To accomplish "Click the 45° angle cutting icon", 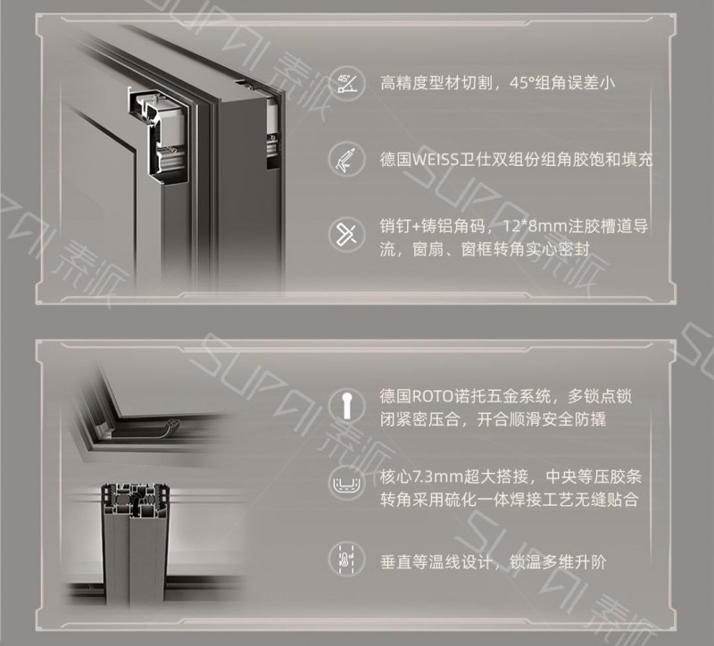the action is point(347,83).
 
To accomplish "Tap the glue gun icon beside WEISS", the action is point(347,160).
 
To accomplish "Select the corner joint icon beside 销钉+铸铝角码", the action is point(347,235).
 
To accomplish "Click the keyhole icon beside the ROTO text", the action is point(347,403).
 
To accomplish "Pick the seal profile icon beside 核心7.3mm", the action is point(347,484).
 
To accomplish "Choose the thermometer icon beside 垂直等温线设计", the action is point(347,560).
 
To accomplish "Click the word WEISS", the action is point(435,160).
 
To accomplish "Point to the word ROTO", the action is point(433,396).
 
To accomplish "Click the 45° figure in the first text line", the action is point(522,83).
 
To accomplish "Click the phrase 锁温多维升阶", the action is point(558,562).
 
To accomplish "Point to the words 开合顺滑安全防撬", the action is point(542,419).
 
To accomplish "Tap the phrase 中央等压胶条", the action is point(594,477).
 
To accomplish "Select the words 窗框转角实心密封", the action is point(525,249).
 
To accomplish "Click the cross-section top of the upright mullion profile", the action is point(136,501).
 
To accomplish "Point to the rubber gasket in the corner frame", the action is point(172,426).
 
